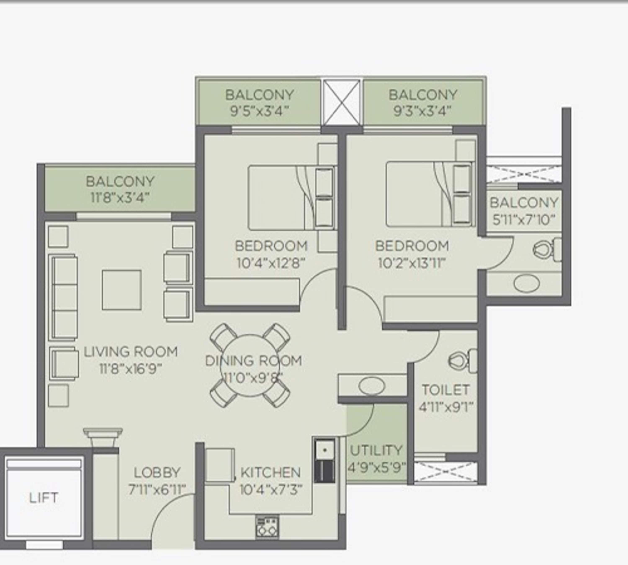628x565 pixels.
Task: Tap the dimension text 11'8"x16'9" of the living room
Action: coord(130,369)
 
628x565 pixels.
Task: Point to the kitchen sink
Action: coord(324,450)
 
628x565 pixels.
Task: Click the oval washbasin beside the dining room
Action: coord(371,386)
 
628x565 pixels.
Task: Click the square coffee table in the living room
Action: coord(122,290)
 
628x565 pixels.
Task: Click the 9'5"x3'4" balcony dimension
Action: coord(260,111)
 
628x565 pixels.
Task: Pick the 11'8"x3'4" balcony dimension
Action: coord(120,198)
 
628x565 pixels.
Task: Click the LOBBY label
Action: coord(157,473)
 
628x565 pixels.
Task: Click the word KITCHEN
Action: coord(270,473)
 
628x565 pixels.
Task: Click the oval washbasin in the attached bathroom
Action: coord(527,283)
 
